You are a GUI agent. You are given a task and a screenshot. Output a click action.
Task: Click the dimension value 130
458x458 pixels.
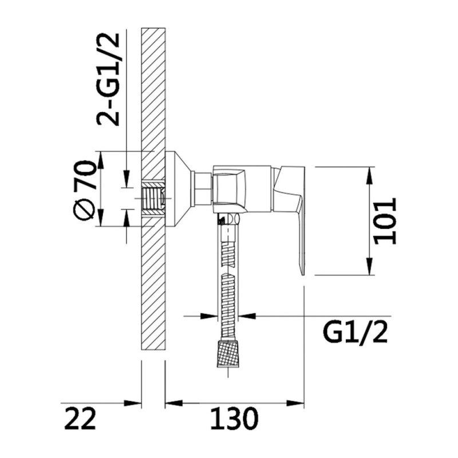[x=234, y=418]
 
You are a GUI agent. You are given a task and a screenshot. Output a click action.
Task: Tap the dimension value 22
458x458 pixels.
[x=80, y=418]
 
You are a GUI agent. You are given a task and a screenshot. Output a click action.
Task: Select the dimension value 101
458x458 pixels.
[x=385, y=221]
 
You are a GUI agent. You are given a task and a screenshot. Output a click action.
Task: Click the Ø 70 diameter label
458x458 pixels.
[x=84, y=190]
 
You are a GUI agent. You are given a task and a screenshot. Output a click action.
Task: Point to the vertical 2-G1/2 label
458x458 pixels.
[x=108, y=80]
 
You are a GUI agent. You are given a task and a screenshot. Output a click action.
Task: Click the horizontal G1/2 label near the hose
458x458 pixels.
[x=355, y=333]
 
